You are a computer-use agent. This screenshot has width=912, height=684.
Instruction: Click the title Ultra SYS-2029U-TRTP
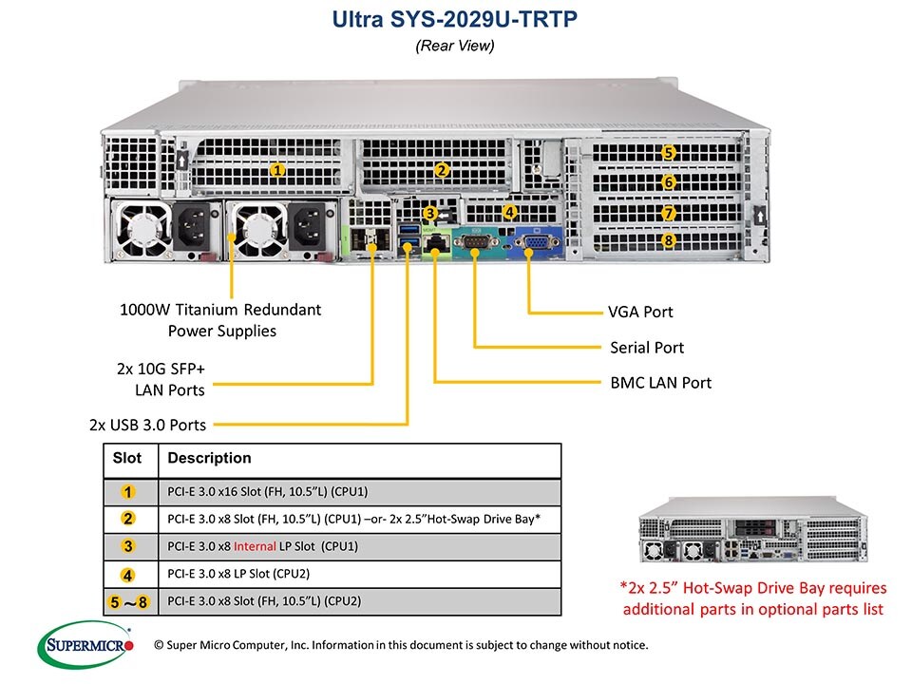pyautogui.click(x=455, y=20)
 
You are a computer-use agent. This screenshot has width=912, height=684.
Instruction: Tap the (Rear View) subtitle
pyautogui.click(x=455, y=46)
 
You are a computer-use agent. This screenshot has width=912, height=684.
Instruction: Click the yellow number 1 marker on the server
pyautogui.click(x=277, y=170)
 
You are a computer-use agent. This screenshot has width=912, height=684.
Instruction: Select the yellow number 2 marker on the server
pyautogui.click(x=441, y=170)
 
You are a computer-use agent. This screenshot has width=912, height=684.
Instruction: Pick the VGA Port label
pyautogui.click(x=640, y=312)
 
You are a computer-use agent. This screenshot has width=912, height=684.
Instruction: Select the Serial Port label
pyautogui.click(x=647, y=348)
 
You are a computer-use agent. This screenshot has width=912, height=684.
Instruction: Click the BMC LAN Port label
pyautogui.click(x=660, y=383)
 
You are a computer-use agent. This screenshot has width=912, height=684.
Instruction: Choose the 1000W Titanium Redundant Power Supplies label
pyautogui.click(x=221, y=320)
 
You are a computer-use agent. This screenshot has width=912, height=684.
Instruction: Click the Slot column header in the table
pyautogui.click(x=127, y=458)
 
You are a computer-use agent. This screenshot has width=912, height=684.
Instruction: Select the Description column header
pyautogui.click(x=209, y=458)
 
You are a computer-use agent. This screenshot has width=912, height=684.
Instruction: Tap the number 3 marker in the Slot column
pyautogui.click(x=128, y=546)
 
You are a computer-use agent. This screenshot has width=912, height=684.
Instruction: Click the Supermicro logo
pyautogui.click(x=90, y=646)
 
